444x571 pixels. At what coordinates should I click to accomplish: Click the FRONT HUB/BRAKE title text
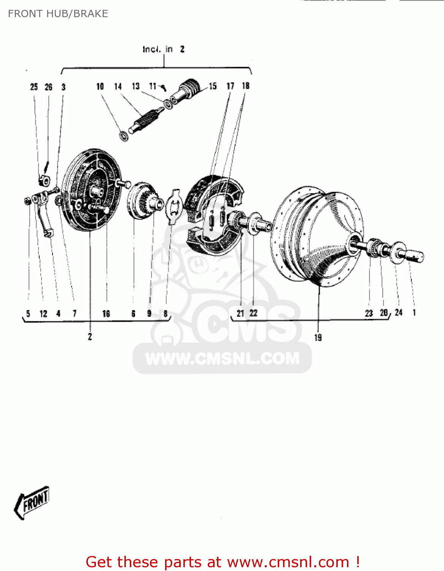[58, 14]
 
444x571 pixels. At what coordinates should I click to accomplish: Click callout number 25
[34, 87]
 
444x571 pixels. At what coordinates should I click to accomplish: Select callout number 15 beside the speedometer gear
[213, 86]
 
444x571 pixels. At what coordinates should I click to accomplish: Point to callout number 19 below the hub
[318, 337]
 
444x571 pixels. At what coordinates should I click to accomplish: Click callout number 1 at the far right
[414, 313]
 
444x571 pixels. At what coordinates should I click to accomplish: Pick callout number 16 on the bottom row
[106, 314]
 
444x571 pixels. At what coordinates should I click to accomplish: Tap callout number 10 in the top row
[100, 87]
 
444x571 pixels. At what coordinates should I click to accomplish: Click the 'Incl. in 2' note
[164, 49]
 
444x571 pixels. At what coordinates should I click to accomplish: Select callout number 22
[253, 313]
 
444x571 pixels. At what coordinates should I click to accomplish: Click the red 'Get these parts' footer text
[223, 562]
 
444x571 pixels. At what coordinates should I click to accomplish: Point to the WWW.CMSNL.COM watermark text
[223, 359]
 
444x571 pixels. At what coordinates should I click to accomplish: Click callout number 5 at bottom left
[28, 314]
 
